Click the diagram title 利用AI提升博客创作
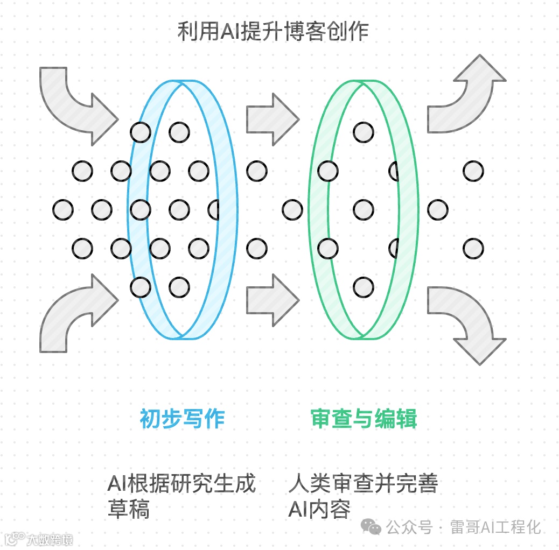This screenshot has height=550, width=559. (x=273, y=31)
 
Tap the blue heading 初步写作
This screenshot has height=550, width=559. (x=181, y=419)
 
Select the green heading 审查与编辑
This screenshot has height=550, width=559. (x=364, y=419)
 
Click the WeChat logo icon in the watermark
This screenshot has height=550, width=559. (x=371, y=527)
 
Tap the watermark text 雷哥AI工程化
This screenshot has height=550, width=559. (x=495, y=527)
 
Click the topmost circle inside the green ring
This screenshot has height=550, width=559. (x=364, y=132)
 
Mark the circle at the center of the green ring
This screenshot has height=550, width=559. (x=364, y=210)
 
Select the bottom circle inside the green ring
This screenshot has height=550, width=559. (x=364, y=287)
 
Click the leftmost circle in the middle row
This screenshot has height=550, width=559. (x=63, y=210)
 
